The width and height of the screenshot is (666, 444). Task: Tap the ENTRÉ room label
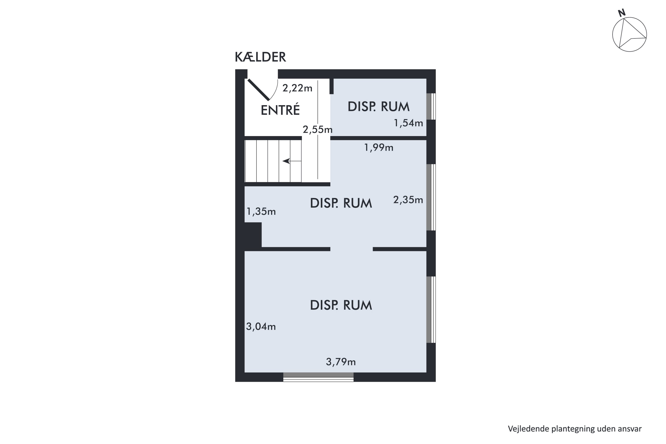pyautogui.click(x=280, y=110)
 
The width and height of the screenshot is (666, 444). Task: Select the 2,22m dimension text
pyautogui.click(x=297, y=88)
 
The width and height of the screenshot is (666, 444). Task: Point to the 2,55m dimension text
pyautogui.click(x=317, y=130)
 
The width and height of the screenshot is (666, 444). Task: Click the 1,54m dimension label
pyautogui.click(x=408, y=123)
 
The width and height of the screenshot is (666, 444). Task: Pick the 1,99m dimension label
pyautogui.click(x=378, y=148)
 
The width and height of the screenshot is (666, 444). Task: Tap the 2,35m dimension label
pyautogui.click(x=408, y=200)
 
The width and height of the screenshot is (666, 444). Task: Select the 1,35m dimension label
pyautogui.click(x=261, y=212)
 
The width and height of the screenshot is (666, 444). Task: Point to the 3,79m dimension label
pyautogui.click(x=340, y=362)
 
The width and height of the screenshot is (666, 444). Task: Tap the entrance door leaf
pyautogui.click(x=259, y=90)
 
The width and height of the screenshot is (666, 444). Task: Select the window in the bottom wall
pyautogui.click(x=318, y=377)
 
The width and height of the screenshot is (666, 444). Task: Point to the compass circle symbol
pyautogui.click(x=629, y=35)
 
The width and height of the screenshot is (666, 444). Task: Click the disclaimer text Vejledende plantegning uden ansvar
pyautogui.click(x=575, y=429)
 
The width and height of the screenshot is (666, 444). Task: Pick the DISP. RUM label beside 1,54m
pyautogui.click(x=378, y=107)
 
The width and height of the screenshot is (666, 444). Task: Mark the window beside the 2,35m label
pyautogui.click(x=431, y=197)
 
